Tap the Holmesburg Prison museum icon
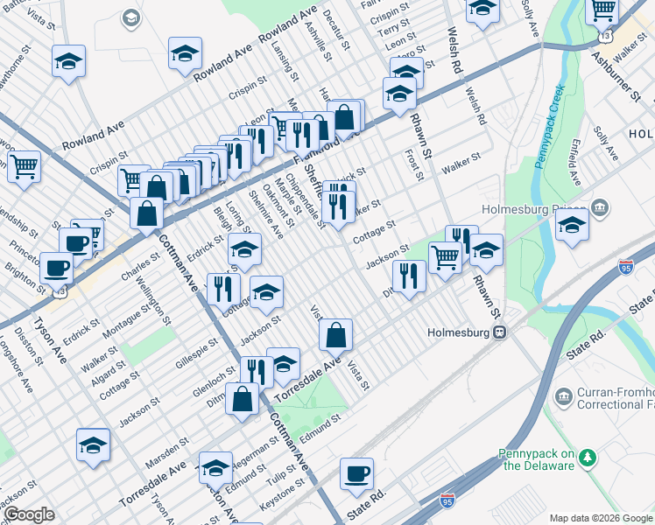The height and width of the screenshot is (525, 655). (x=600, y=208)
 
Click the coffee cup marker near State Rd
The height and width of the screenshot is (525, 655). (x=356, y=475)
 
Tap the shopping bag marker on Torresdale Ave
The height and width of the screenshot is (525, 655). (x=335, y=336)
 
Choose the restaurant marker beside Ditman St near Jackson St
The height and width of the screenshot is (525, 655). (x=409, y=276)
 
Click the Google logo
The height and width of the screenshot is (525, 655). (x=29, y=514)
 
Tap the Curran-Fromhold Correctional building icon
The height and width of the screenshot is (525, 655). (x=563, y=398)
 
